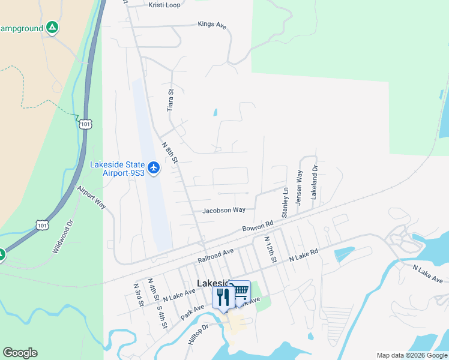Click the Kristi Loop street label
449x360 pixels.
click(x=164, y=5)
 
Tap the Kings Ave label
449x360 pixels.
click(x=212, y=25)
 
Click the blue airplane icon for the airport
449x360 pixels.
click(x=154, y=168)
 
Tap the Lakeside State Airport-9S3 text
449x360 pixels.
click(x=118, y=169)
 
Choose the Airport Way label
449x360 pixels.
click(x=91, y=197)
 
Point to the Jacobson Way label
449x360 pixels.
click(x=224, y=211)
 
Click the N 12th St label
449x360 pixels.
click(x=270, y=249)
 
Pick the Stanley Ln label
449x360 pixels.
click(x=286, y=203)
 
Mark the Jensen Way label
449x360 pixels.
click(x=300, y=184)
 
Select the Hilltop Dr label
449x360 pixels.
click(x=197, y=334)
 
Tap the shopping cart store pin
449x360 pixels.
click(x=240, y=292)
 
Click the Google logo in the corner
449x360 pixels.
click(x=20, y=353)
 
